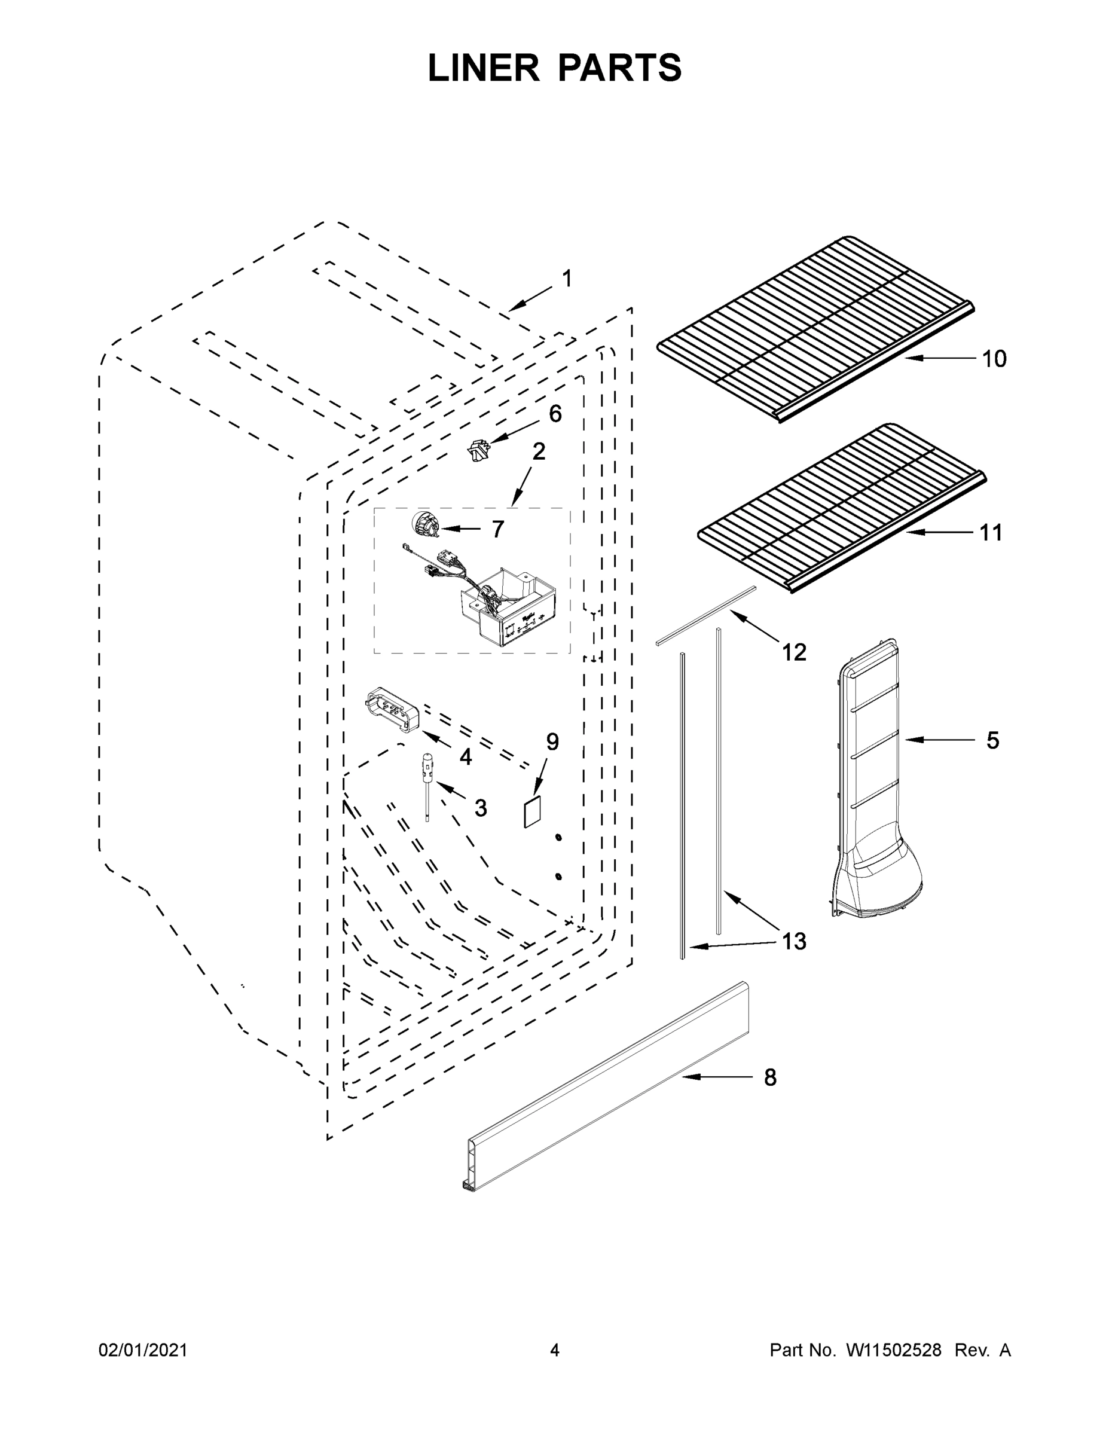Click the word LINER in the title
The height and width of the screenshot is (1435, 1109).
pos(483,68)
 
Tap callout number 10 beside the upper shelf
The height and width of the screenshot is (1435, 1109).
pos(994,359)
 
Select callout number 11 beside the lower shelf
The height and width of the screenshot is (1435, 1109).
pos(991,533)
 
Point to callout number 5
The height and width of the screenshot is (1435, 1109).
pos(992,740)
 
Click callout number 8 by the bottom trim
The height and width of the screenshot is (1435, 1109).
pos(770,1077)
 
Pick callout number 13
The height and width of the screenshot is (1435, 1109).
pos(794,942)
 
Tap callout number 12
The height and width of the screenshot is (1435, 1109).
pos(794,652)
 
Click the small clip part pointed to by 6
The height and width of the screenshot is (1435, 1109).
pos(478,452)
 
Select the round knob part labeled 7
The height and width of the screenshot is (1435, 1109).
pos(424,526)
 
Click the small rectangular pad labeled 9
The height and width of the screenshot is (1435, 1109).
pos(531,813)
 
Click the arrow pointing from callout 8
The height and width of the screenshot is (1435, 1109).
pos(716,1077)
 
